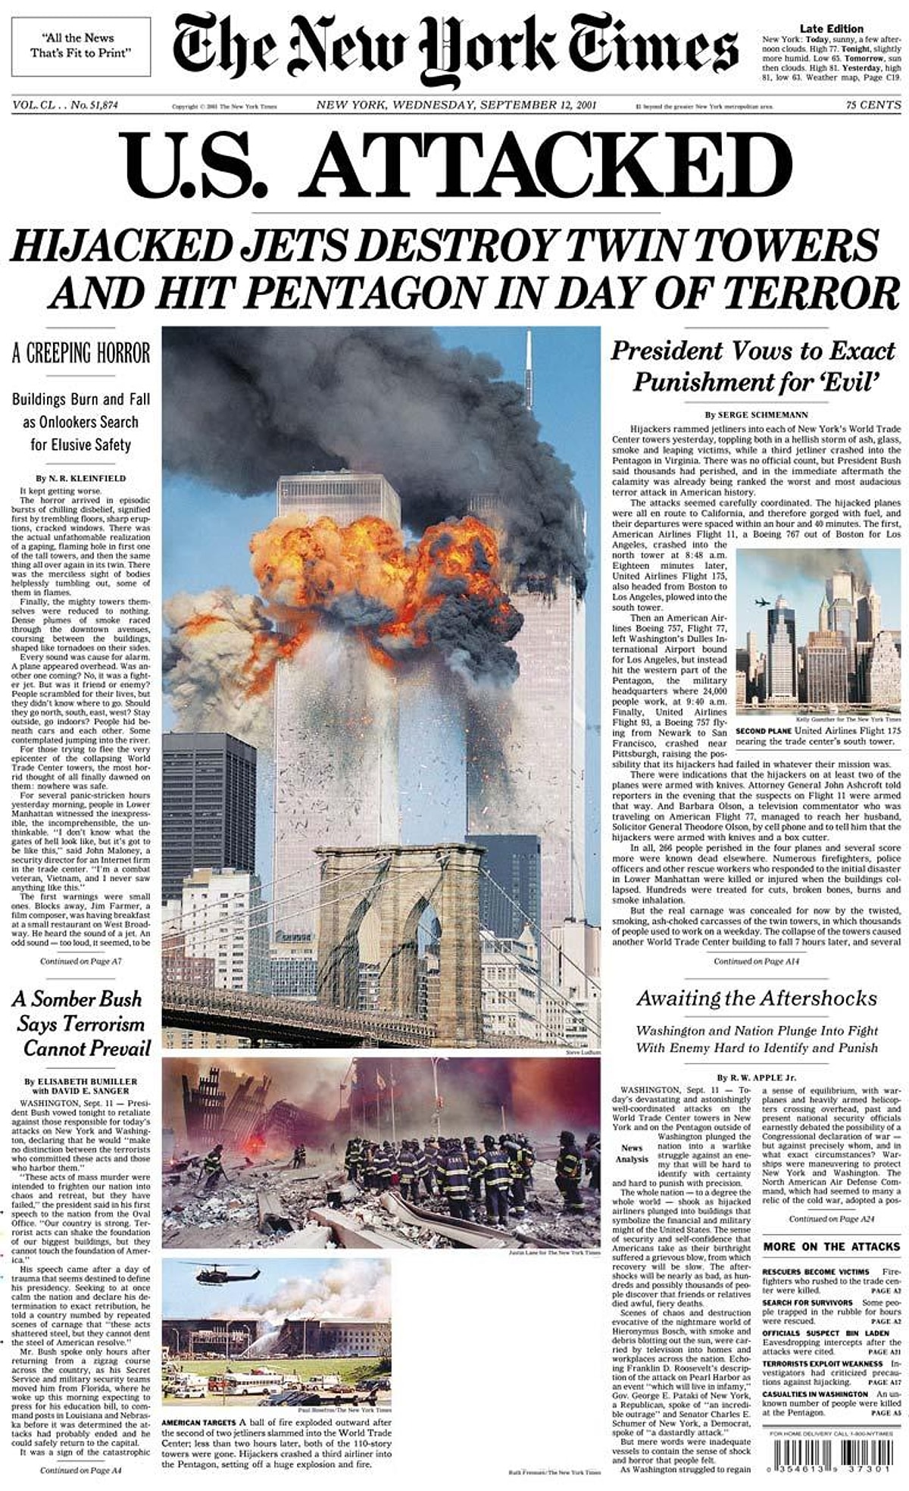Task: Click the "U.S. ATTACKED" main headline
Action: (458, 165)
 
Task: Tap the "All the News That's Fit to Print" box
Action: (81, 45)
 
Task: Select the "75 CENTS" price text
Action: (873, 105)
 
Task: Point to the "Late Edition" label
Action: (831, 29)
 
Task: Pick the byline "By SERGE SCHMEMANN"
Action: (756, 414)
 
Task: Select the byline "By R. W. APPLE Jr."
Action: (756, 1077)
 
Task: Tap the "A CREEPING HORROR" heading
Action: (81, 353)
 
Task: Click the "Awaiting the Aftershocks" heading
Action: (756, 999)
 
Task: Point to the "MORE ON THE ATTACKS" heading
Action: (831, 1246)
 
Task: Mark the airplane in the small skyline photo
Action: (762, 602)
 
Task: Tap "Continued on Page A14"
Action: (756, 961)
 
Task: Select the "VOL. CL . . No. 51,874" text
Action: (65, 105)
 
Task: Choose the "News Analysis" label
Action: (632, 1153)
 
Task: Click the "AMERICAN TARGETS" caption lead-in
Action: (199, 1422)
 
